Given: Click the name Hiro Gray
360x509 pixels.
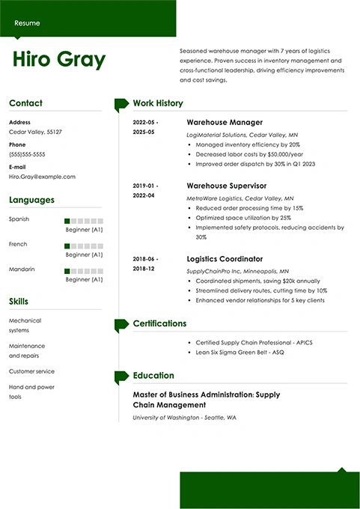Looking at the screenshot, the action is tap(59, 60).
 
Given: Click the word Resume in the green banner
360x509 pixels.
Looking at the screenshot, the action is tap(28, 23).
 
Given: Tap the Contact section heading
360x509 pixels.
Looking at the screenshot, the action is tap(25, 103).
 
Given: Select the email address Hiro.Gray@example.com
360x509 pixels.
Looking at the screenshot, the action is tap(42, 177).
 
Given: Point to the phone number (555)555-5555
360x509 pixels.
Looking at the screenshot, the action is tap(27, 154).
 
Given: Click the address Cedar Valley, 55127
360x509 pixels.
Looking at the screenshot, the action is tap(35, 132).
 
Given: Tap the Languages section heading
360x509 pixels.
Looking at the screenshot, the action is tap(31, 200).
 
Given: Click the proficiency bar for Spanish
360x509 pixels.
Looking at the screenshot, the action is tap(83, 221).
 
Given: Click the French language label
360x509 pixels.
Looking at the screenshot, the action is tap(18, 244).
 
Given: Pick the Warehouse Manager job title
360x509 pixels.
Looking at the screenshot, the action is tap(224, 122).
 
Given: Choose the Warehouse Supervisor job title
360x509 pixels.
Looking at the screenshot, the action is tap(226, 185).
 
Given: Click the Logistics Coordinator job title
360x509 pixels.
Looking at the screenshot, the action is tap(225, 258).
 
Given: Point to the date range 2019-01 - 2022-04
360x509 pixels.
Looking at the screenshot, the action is tap(144, 190).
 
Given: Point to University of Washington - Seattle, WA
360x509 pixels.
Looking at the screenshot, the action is tap(184, 417).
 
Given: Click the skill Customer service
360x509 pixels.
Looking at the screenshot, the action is tap(31, 371).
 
